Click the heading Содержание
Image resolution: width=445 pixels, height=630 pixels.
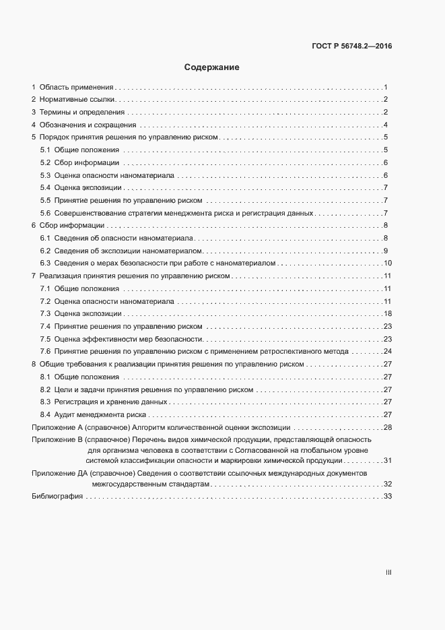tap(212, 67)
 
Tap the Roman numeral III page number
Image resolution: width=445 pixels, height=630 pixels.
tap(388, 572)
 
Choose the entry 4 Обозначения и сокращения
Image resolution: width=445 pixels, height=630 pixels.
tap(84, 125)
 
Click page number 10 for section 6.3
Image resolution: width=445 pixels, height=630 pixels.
tap(388, 263)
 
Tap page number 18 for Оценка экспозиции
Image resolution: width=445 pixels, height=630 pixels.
tap(388, 313)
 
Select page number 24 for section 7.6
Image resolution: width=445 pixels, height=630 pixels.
tap(388, 351)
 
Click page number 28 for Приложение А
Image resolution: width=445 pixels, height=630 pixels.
tap(388, 428)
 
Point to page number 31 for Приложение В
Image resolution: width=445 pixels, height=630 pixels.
tap(388, 460)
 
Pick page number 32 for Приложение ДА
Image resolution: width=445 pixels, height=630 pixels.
tap(388, 484)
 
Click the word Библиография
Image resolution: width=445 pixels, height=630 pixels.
tap(57, 497)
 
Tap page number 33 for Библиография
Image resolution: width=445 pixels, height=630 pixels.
tap(388, 497)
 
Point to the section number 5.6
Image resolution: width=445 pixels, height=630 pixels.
tap(46, 213)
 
